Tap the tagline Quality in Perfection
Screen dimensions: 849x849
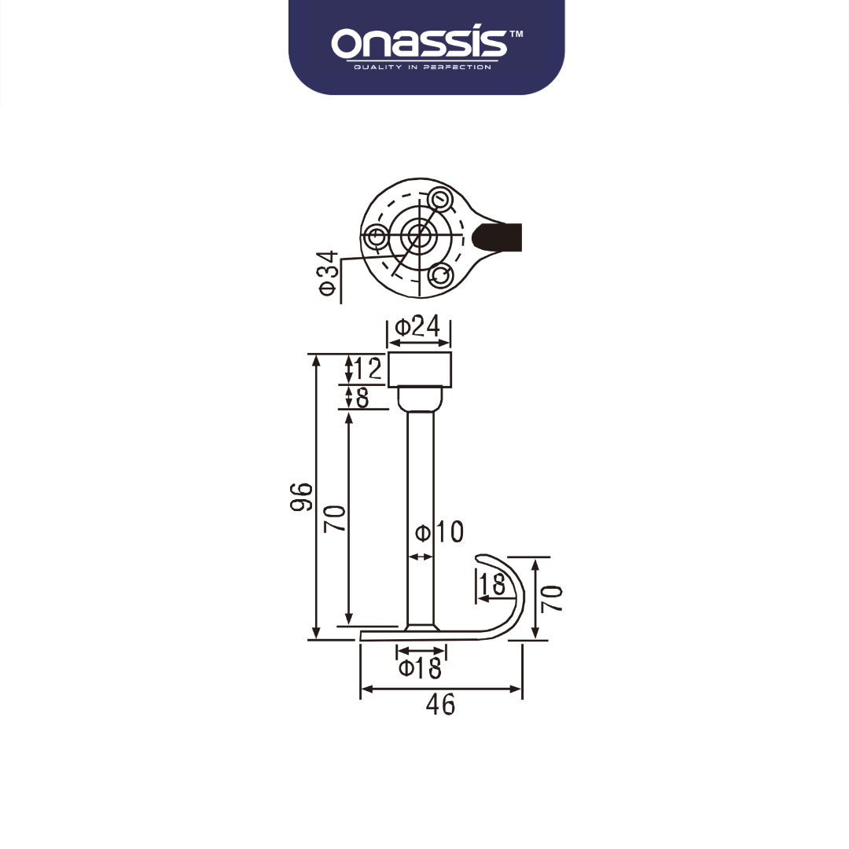point(422,68)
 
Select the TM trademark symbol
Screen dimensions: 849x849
point(516,35)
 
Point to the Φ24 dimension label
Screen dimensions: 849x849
point(417,326)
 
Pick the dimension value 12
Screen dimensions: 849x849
point(368,368)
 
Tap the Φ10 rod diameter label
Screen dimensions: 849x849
point(439,532)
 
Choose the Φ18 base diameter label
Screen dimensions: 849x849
point(420,669)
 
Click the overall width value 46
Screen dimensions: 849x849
point(440,704)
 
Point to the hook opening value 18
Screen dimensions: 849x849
point(492,584)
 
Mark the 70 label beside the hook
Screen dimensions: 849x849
point(552,599)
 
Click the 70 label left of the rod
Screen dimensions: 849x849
point(336,519)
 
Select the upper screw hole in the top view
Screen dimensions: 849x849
point(441,200)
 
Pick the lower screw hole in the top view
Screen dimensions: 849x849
point(441,274)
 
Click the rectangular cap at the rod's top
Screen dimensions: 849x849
point(420,370)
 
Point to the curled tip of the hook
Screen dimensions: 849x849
point(483,559)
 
